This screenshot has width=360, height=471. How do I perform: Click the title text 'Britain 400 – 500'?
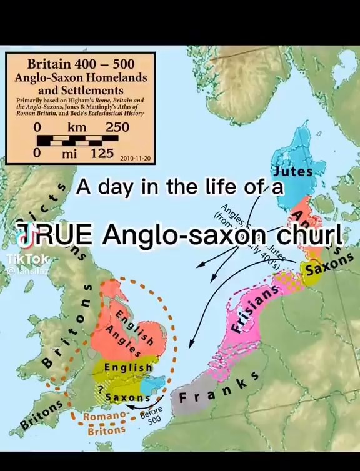(81, 64)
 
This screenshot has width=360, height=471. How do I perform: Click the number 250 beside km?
(117, 127)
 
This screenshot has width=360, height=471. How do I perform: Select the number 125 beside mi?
(101, 153)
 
